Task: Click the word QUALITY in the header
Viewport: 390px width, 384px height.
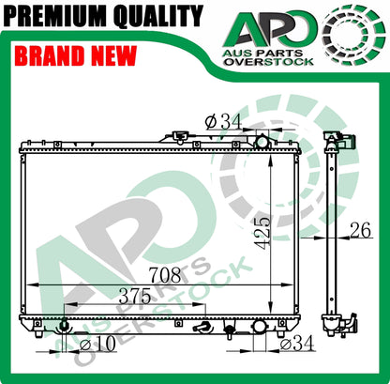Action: pyautogui.click(x=158, y=16)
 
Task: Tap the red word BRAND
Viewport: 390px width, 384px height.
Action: pyautogui.click(x=49, y=55)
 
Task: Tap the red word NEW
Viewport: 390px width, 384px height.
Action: pyautogui.click(x=113, y=55)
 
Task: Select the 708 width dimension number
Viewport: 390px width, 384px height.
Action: pyautogui.click(x=165, y=274)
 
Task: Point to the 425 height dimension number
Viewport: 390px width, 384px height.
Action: pyautogui.click(x=262, y=233)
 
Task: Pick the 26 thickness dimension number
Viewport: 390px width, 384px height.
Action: pyautogui.click(x=360, y=230)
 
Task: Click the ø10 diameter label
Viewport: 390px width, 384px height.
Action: pyautogui.click(x=97, y=345)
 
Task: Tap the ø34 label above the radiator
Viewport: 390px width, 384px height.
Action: pyautogui.click(x=223, y=121)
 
